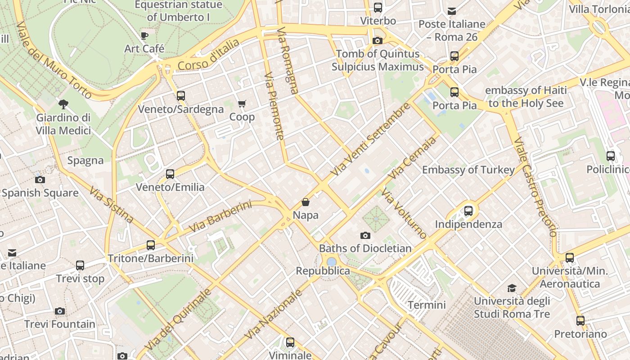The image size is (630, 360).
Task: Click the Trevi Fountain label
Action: click(x=60, y=324)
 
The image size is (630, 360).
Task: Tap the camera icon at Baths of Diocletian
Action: click(x=365, y=235)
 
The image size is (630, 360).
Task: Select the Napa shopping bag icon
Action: click(x=306, y=202)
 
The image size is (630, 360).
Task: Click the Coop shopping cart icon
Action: click(x=242, y=104)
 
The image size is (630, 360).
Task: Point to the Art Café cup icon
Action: click(x=144, y=36)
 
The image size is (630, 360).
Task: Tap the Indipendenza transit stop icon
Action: click(x=468, y=211)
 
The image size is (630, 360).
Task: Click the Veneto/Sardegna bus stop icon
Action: click(x=181, y=96)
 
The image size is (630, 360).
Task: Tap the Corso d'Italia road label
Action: click(x=208, y=55)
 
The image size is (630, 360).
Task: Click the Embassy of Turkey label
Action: click(x=468, y=170)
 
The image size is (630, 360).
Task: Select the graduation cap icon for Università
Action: click(x=512, y=288)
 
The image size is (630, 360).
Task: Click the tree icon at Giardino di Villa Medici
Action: click(x=63, y=104)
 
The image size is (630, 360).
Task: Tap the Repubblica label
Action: click(x=323, y=271)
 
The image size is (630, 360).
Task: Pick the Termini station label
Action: click(x=427, y=305)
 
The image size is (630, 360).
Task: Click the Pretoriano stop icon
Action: click(x=580, y=321)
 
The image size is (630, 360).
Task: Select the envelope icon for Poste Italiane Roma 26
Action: click(x=452, y=11)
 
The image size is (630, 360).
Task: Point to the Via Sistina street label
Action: click(x=111, y=205)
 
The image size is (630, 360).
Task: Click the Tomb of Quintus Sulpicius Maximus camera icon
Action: click(x=378, y=41)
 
